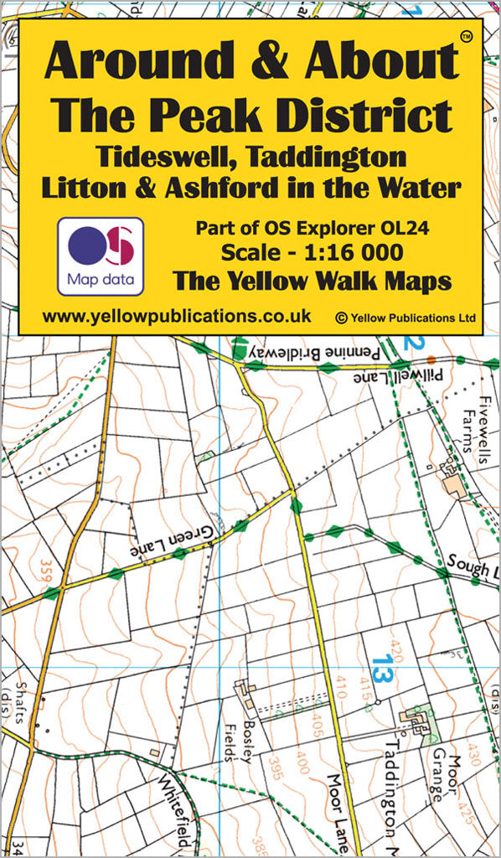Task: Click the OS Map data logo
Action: click(101, 255)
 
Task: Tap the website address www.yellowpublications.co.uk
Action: click(176, 316)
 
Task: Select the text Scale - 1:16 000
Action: click(312, 252)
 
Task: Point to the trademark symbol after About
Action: click(466, 36)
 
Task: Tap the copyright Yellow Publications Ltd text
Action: click(405, 318)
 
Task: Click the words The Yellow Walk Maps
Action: click(312, 282)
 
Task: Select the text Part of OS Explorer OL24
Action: click(312, 227)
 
